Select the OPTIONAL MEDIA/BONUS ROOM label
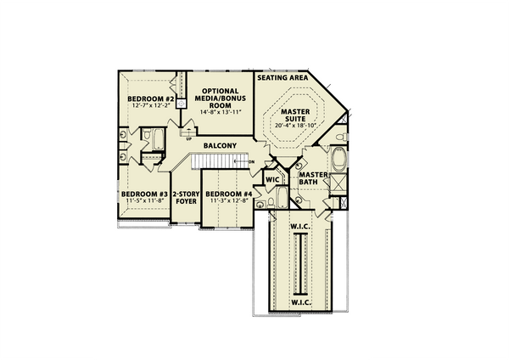tap(221, 97)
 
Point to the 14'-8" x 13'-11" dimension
tap(221, 112)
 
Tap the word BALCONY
tap(220, 145)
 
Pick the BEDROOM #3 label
tap(143, 194)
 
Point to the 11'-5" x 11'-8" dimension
tap(143, 201)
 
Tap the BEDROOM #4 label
tap(229, 194)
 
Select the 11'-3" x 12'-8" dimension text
tap(229, 201)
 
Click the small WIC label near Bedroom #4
tap(272, 180)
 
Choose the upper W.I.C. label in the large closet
tap(300, 225)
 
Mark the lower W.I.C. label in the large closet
tap(300, 301)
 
